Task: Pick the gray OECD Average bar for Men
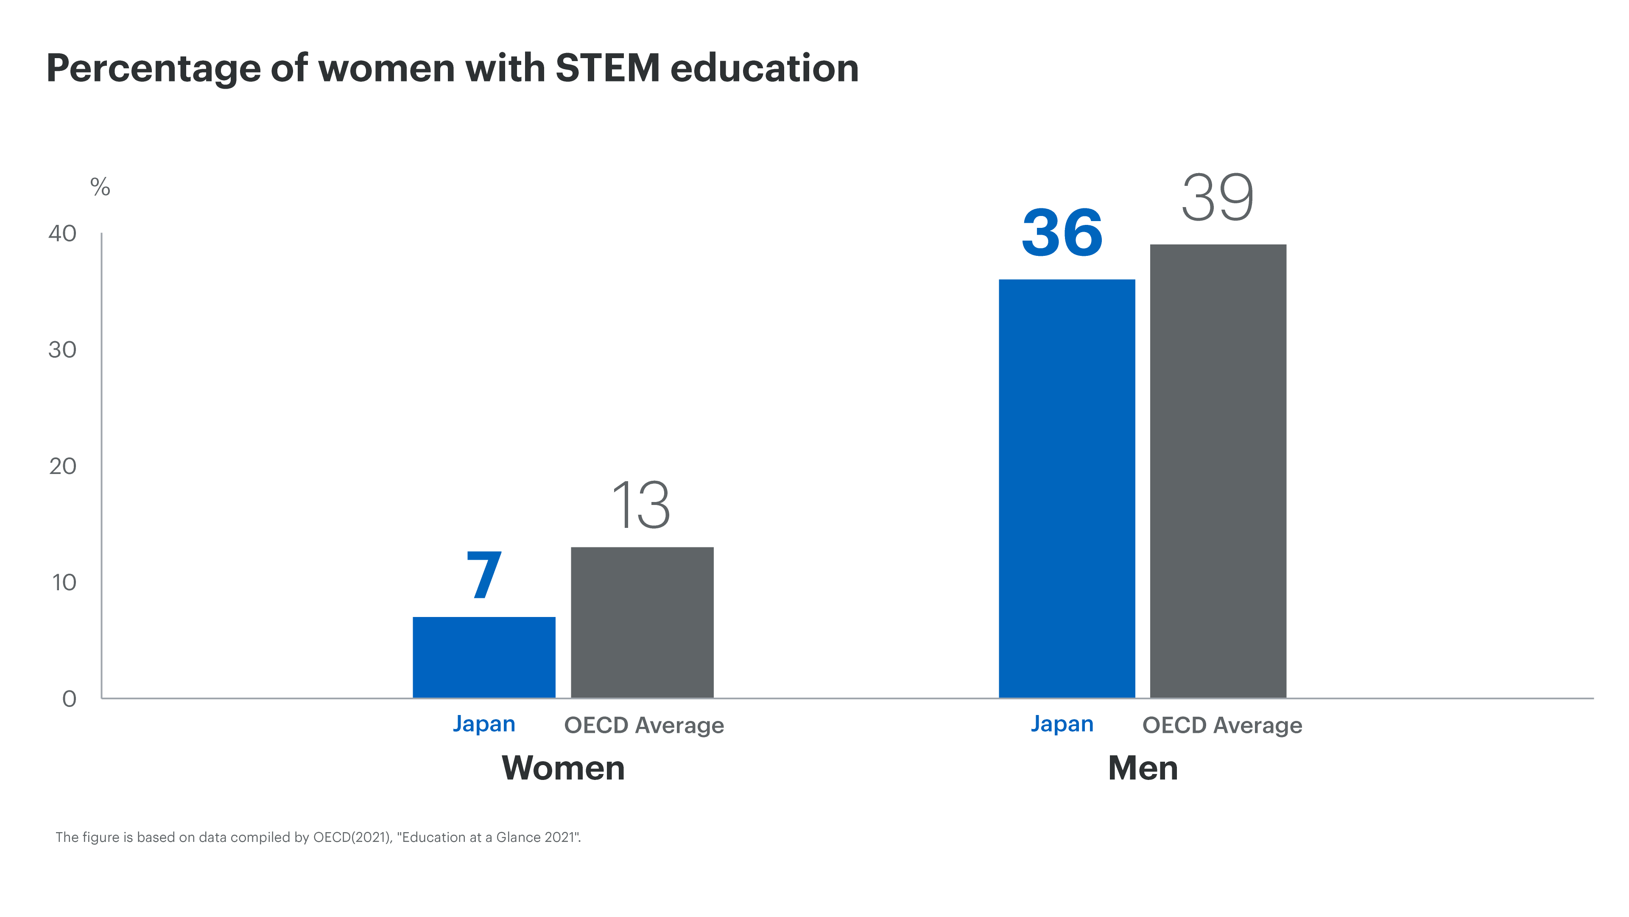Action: [x=1218, y=471]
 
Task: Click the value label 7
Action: [x=484, y=575]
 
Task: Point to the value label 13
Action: [x=640, y=505]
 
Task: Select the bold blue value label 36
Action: [x=1062, y=233]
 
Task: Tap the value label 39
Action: [x=1217, y=198]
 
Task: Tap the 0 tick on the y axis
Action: [x=69, y=698]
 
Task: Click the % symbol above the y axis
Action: [x=100, y=187]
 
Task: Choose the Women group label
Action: [x=563, y=768]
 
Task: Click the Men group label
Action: [x=1143, y=768]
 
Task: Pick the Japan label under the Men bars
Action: [x=1062, y=724]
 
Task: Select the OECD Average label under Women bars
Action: [x=644, y=725]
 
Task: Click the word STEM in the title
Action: [x=608, y=68]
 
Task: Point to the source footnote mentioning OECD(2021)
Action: [x=318, y=837]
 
